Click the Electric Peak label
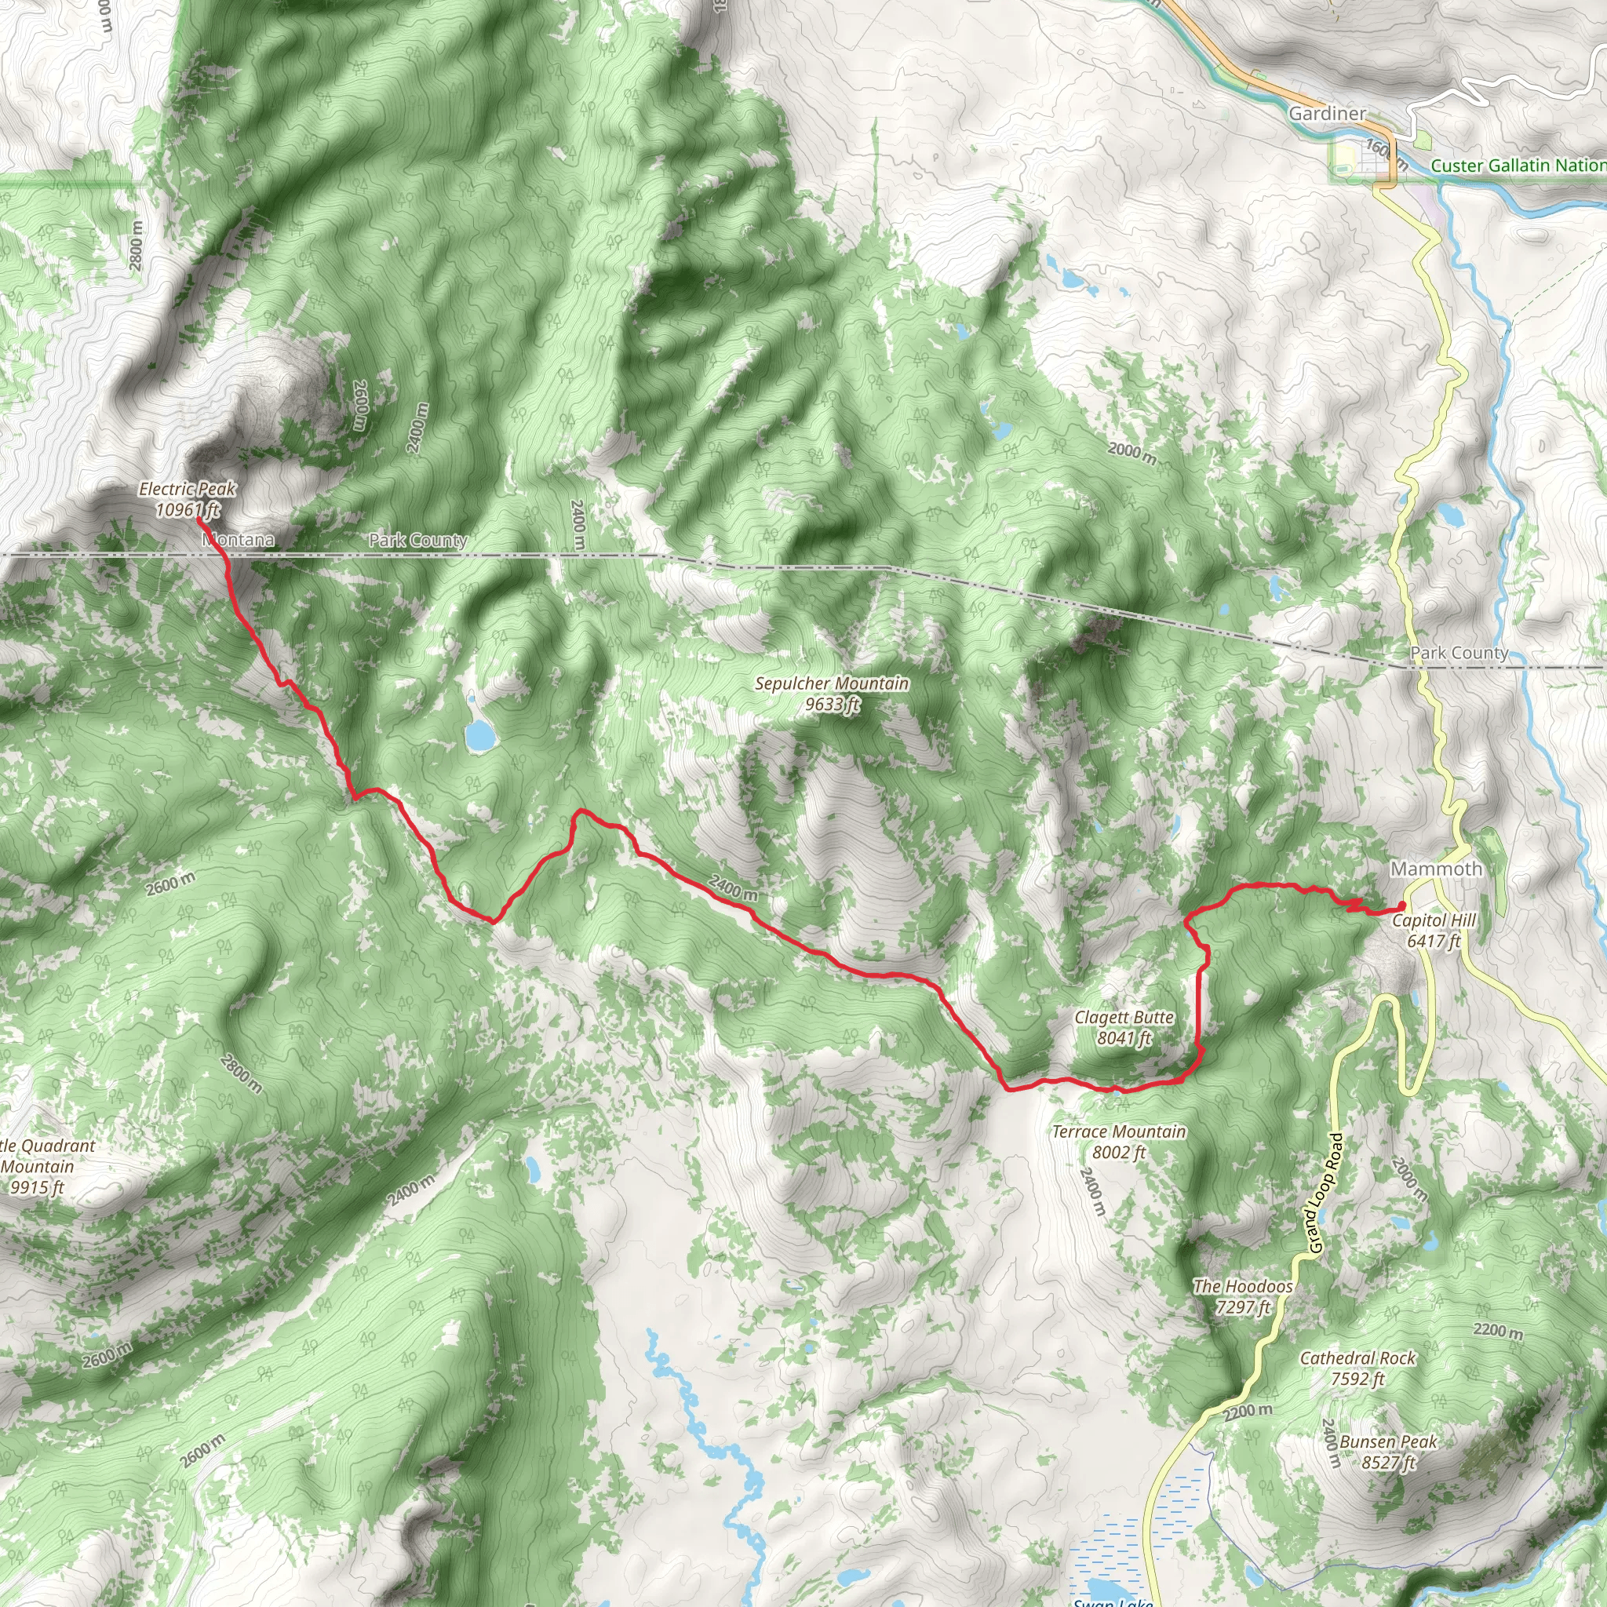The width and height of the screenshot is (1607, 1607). coord(188,499)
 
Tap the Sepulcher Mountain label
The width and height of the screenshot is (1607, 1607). coord(832,694)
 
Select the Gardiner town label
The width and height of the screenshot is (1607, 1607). coord(1327,113)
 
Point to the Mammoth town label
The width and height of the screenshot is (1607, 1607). coord(1437,869)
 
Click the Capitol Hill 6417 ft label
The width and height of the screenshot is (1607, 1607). coord(1434,930)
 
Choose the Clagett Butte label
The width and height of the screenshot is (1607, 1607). coord(1124,1027)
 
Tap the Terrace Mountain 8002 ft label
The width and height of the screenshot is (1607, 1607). coord(1119,1141)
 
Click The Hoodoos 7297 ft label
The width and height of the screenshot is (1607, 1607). coord(1243,1296)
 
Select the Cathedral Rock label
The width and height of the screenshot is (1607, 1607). coord(1357,1368)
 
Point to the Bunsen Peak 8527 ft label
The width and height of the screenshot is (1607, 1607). coord(1388,1452)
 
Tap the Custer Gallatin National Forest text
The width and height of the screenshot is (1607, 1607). coord(1518,166)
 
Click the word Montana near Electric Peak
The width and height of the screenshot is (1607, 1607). coord(239,540)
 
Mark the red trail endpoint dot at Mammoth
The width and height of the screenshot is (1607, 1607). coord(1401,906)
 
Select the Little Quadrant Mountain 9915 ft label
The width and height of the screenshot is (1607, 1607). coord(42,1166)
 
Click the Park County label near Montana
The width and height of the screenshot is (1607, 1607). coord(417,540)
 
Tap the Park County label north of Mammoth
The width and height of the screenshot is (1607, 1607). coord(1459,653)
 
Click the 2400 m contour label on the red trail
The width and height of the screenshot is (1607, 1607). coord(733,887)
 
